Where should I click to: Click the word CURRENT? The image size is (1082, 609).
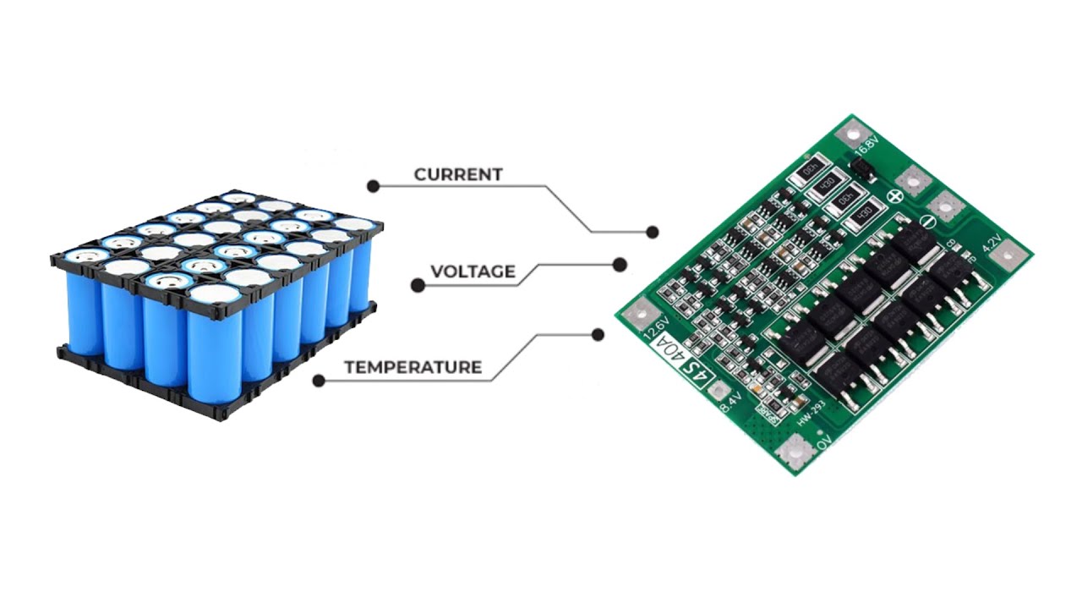(458, 174)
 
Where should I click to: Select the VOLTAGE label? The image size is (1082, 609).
(473, 272)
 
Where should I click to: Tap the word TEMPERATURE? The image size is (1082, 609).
(413, 367)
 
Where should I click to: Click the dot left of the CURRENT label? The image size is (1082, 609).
(372, 185)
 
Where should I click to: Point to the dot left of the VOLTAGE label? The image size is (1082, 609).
(418, 286)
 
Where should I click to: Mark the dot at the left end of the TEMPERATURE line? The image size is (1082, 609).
(319, 381)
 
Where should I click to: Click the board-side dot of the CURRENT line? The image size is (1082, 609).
(652, 232)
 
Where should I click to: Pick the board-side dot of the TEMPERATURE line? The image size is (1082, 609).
(598, 335)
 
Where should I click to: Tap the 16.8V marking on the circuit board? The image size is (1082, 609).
(866, 150)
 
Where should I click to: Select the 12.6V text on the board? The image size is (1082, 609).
(657, 329)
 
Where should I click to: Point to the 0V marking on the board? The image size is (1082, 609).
(822, 442)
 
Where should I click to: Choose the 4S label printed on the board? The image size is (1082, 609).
(698, 371)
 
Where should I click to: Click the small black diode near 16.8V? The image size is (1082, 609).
(863, 170)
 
